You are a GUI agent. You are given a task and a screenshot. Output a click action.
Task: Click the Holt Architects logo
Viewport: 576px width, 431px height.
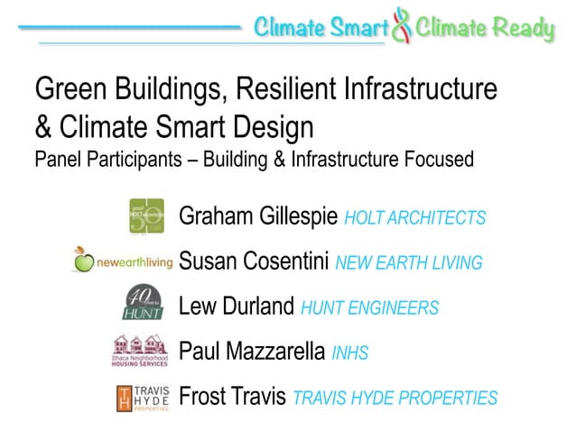click(146, 215)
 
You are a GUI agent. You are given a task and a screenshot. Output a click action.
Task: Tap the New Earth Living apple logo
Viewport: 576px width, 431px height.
click(84, 261)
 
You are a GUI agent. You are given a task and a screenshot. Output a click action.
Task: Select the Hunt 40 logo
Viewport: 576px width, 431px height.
click(142, 303)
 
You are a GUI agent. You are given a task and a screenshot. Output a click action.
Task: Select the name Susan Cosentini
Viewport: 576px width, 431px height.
click(255, 261)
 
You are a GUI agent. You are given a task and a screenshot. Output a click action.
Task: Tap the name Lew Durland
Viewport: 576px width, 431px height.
click(237, 307)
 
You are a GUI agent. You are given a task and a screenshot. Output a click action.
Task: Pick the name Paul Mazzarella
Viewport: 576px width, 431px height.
click(252, 351)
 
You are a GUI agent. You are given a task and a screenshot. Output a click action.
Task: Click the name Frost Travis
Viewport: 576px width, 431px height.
click(233, 396)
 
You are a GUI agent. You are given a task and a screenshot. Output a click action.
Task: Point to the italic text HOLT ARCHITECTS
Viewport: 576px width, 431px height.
click(415, 218)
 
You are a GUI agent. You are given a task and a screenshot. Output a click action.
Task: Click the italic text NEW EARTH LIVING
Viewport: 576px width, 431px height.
click(408, 263)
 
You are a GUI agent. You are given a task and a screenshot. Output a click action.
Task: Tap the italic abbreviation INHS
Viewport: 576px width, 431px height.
click(351, 353)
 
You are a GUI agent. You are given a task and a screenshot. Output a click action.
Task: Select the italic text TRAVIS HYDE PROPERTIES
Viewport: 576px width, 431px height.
click(395, 398)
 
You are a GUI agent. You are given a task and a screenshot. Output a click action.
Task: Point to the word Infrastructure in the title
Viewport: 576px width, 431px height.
click(422, 89)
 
